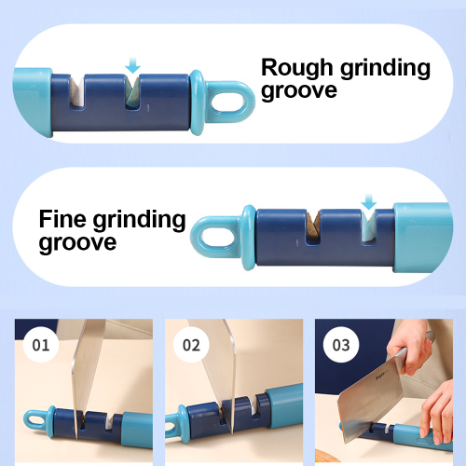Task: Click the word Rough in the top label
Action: coord(296,67)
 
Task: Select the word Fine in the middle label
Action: coord(62,219)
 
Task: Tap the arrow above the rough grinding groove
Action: coord(133,65)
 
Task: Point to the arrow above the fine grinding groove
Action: coord(369,201)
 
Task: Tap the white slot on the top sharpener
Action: coord(77,91)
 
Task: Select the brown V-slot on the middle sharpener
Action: coord(313,227)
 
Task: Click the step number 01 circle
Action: coord(41,345)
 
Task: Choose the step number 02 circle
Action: coord(191,345)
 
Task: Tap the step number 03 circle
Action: coord(341,345)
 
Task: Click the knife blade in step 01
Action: coord(87,373)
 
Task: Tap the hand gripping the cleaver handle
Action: coord(410,347)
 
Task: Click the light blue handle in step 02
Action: coord(284,404)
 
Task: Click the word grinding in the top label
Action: coord(385,69)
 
